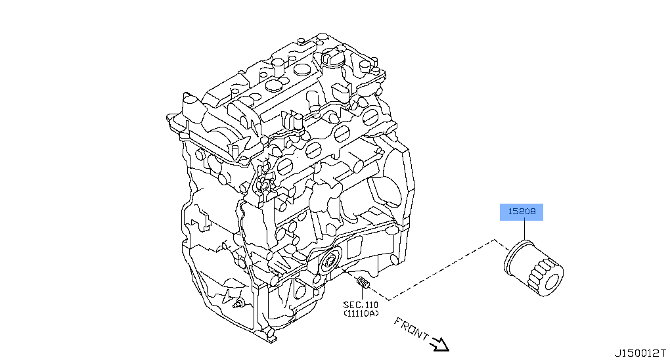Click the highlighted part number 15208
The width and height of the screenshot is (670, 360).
(522, 212)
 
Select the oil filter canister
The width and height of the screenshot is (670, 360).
(533, 269)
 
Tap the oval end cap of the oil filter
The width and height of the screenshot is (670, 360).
(552, 282)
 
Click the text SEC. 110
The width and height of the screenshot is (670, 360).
(361, 305)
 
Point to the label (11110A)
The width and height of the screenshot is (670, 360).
(361, 313)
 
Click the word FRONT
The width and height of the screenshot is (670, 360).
(411, 328)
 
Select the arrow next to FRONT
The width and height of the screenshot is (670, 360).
(439, 344)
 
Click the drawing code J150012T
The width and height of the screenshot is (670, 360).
(640, 353)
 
